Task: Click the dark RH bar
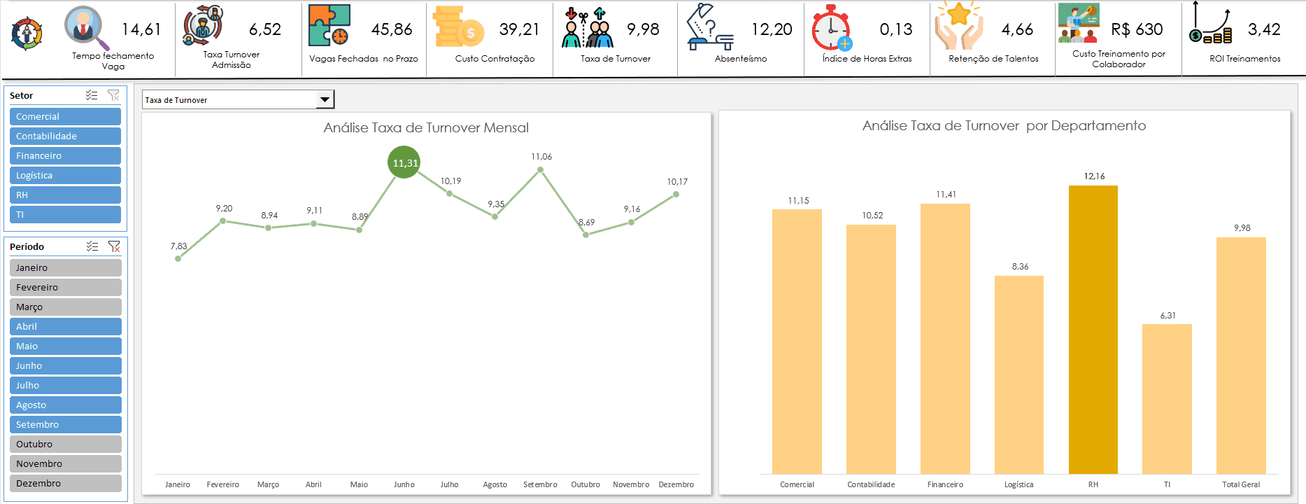click(1093, 329)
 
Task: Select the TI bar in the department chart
click(1167, 399)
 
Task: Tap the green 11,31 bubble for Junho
click(404, 162)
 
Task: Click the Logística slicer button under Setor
click(65, 176)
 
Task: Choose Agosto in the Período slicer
click(65, 405)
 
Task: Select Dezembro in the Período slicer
click(65, 484)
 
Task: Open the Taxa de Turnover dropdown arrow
click(325, 99)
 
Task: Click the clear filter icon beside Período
click(114, 246)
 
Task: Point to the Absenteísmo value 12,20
click(772, 29)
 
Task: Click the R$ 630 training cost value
click(1137, 29)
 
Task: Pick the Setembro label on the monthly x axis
click(540, 484)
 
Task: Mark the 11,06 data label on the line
click(541, 157)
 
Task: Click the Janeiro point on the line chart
click(178, 258)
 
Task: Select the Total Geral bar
click(1241, 356)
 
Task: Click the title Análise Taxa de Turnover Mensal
click(426, 128)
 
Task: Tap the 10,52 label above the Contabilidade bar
click(872, 216)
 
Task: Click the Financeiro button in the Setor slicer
click(65, 156)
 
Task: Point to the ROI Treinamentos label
click(1245, 59)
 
